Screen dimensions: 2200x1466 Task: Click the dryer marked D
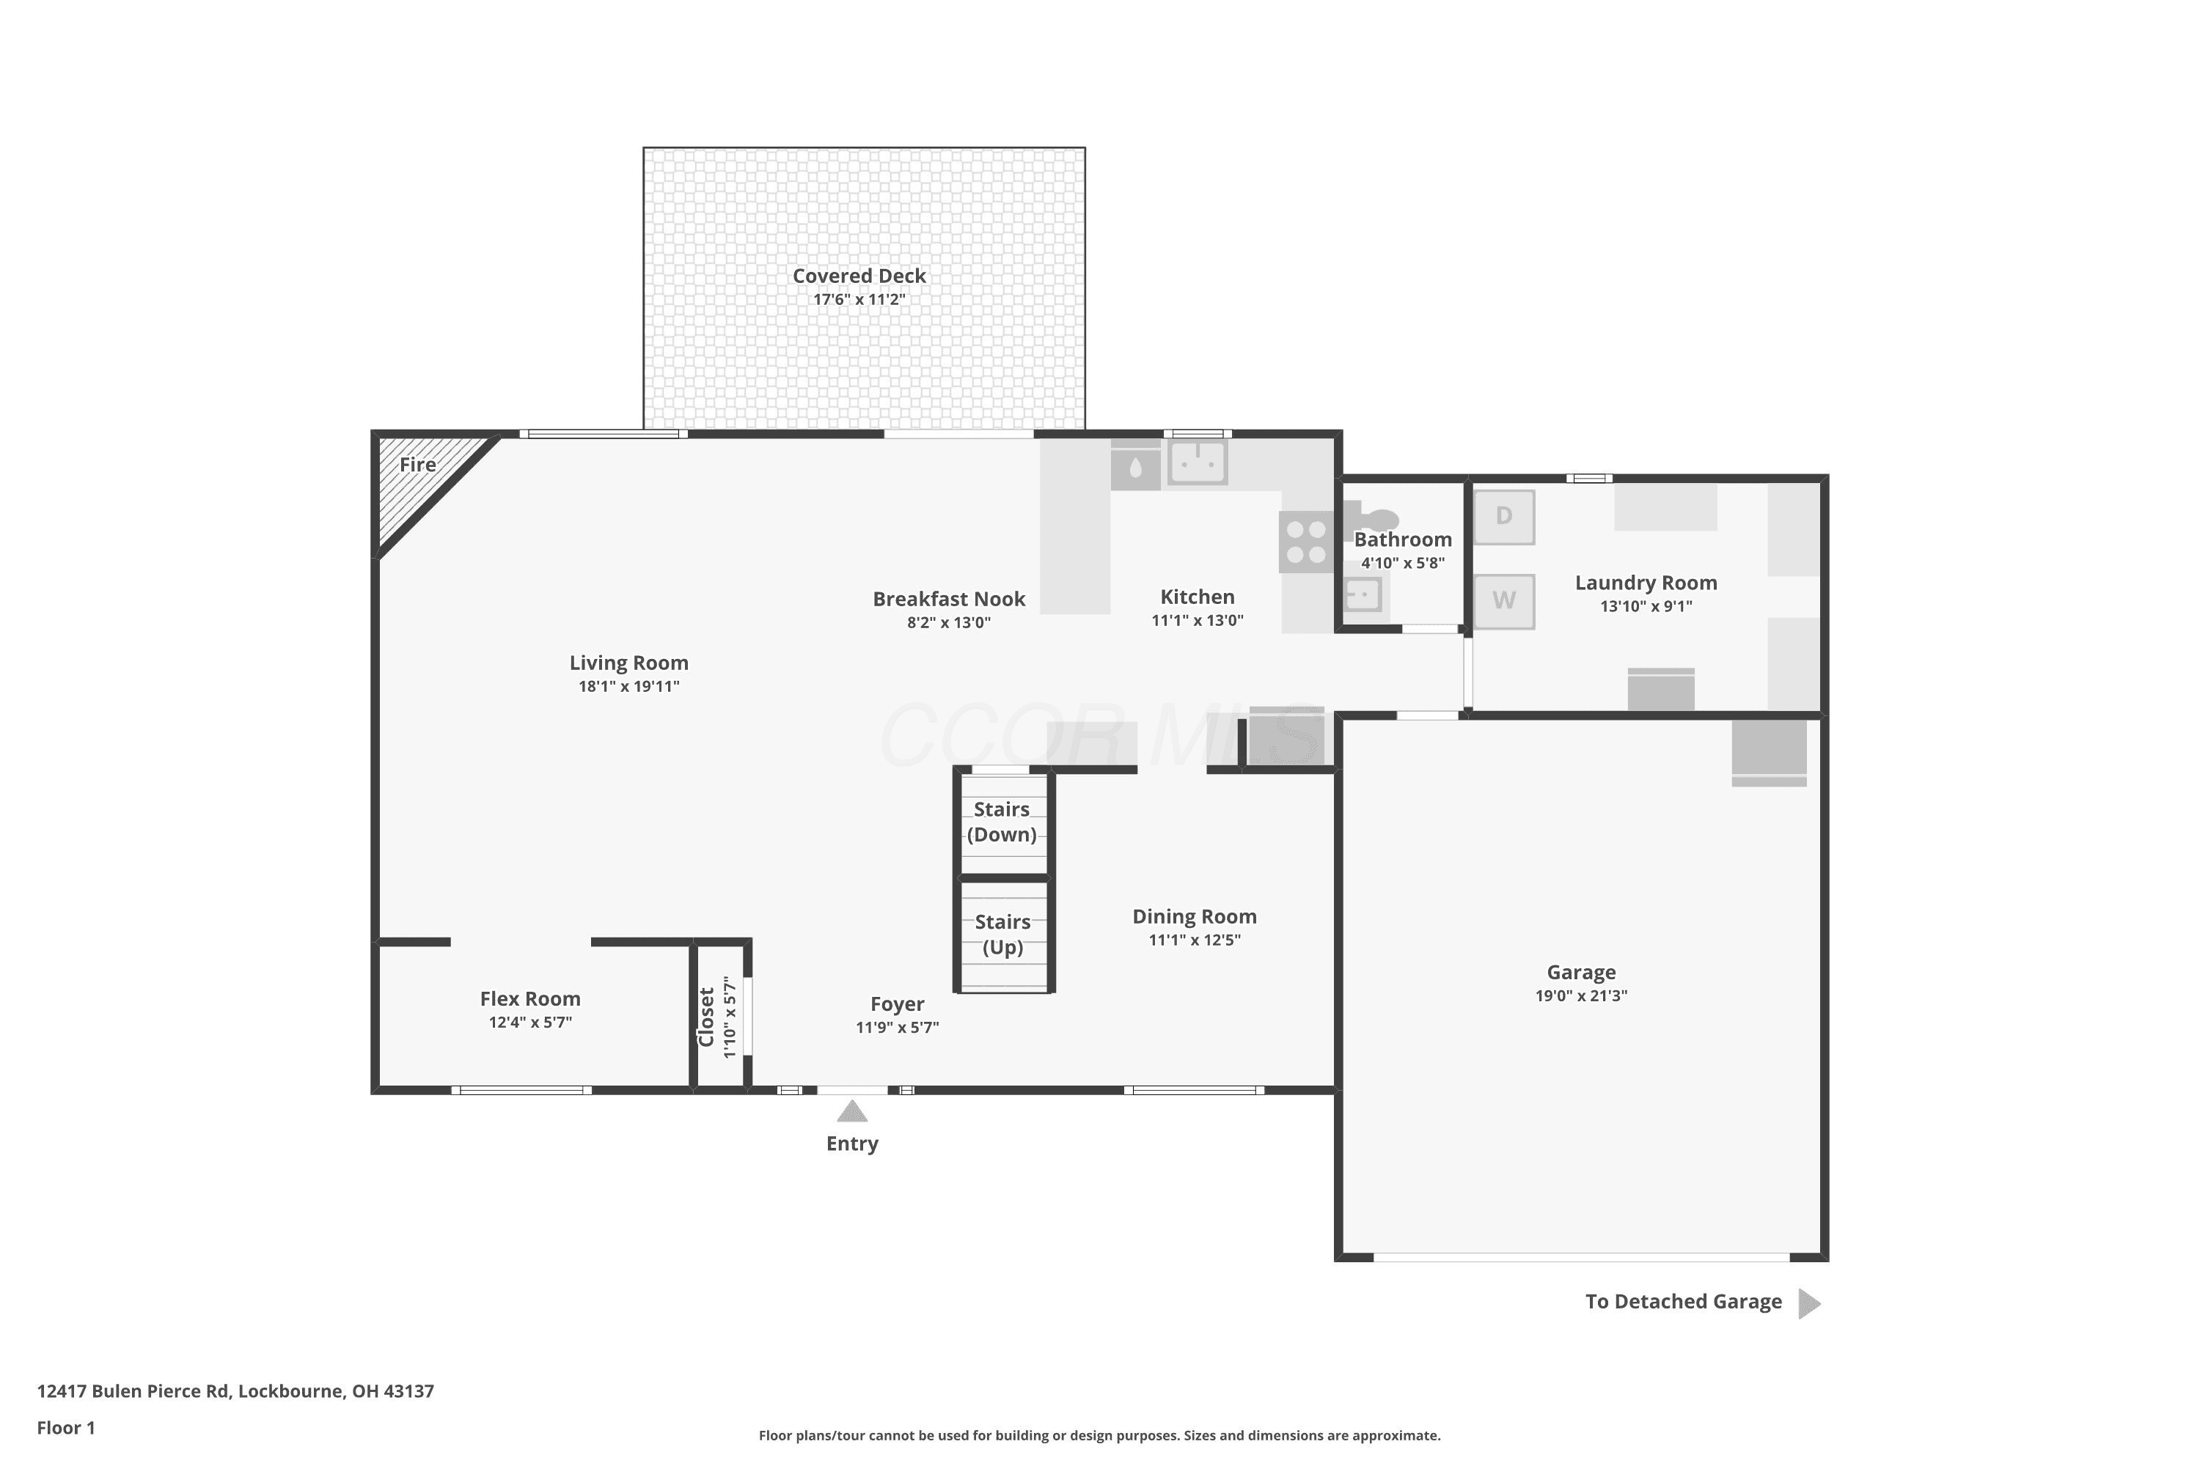point(1504,517)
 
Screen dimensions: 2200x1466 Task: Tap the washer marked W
point(1504,601)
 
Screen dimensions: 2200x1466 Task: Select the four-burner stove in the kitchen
point(1307,542)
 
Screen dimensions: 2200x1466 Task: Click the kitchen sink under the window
point(1198,462)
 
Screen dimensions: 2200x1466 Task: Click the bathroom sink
point(1362,594)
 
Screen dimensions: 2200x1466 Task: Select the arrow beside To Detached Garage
point(1809,1303)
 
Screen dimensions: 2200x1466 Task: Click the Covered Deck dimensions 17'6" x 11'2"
point(859,299)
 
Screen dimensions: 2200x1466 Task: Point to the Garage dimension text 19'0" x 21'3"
point(1581,995)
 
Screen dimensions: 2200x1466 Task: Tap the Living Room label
point(628,663)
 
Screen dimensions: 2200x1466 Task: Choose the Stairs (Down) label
point(1002,822)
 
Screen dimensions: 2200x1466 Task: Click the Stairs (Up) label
point(1002,934)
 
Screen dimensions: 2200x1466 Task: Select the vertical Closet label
point(706,1017)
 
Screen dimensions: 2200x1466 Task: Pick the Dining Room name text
point(1195,916)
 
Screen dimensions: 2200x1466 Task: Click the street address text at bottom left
point(235,1391)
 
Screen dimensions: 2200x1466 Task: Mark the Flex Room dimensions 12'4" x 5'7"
point(530,1022)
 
